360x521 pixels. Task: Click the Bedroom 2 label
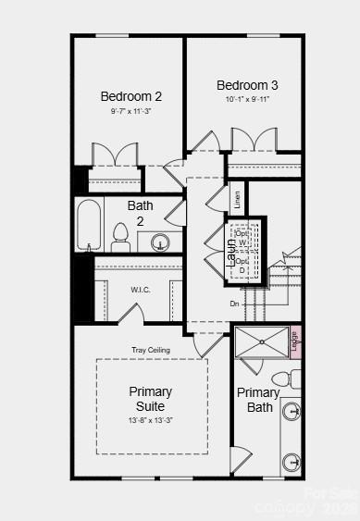pyautogui.click(x=131, y=95)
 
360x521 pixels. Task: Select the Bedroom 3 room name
pyautogui.click(x=247, y=84)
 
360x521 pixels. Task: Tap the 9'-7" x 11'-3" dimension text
pyautogui.click(x=131, y=110)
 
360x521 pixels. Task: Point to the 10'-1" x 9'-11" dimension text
pyautogui.click(x=247, y=99)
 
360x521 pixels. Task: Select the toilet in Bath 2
pyautogui.click(x=120, y=236)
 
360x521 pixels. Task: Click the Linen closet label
pyautogui.click(x=238, y=198)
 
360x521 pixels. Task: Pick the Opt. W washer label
pyautogui.click(x=242, y=238)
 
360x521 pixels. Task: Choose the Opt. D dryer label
pyautogui.click(x=242, y=266)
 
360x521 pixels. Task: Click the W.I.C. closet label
pyautogui.click(x=141, y=290)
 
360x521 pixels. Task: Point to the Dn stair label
pyautogui.click(x=235, y=304)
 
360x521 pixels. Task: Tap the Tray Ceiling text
pyautogui.click(x=150, y=349)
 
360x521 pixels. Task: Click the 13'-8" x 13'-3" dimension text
pyautogui.click(x=150, y=420)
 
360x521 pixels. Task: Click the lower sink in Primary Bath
pyautogui.click(x=292, y=462)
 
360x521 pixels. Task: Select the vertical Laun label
pyautogui.click(x=231, y=251)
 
